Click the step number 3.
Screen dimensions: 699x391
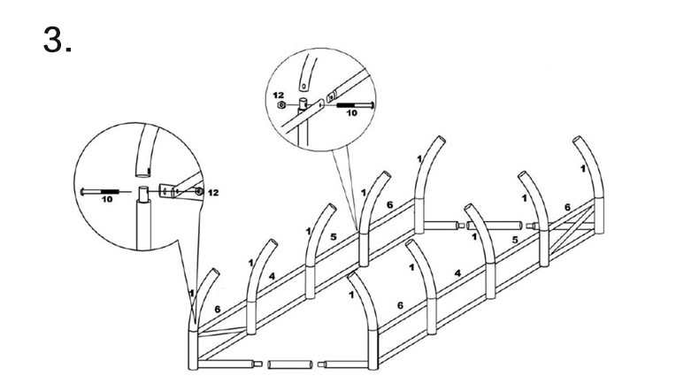57,39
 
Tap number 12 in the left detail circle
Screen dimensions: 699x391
213,193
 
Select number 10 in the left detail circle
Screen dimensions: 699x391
107,199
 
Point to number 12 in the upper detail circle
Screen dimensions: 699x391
278,96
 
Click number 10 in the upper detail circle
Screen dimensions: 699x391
352,113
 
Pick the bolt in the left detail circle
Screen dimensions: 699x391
100,192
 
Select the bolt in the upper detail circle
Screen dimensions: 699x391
355,104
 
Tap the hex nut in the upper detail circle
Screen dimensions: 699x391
280,104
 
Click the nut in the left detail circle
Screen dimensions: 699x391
199,192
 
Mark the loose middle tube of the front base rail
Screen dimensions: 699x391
289,364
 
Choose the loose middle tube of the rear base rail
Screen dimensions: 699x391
495,225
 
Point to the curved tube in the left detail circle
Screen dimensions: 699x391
146,151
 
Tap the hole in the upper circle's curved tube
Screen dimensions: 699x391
303,85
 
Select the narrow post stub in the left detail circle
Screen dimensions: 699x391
143,194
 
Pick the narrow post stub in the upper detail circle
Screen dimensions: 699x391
303,103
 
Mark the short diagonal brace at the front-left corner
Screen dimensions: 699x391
221,332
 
